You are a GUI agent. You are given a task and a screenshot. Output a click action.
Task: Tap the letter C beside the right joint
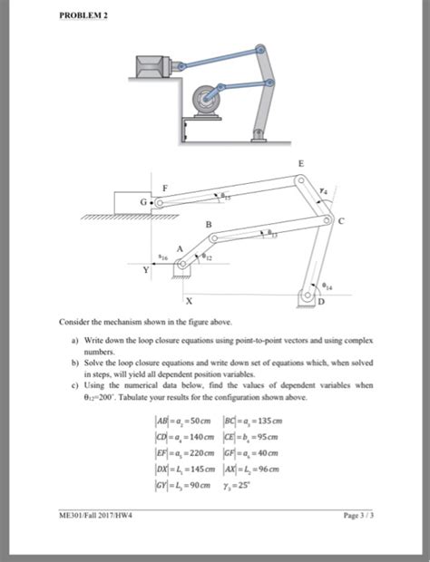tap(341, 219)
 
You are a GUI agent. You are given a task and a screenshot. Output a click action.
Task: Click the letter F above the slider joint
tap(164, 186)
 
